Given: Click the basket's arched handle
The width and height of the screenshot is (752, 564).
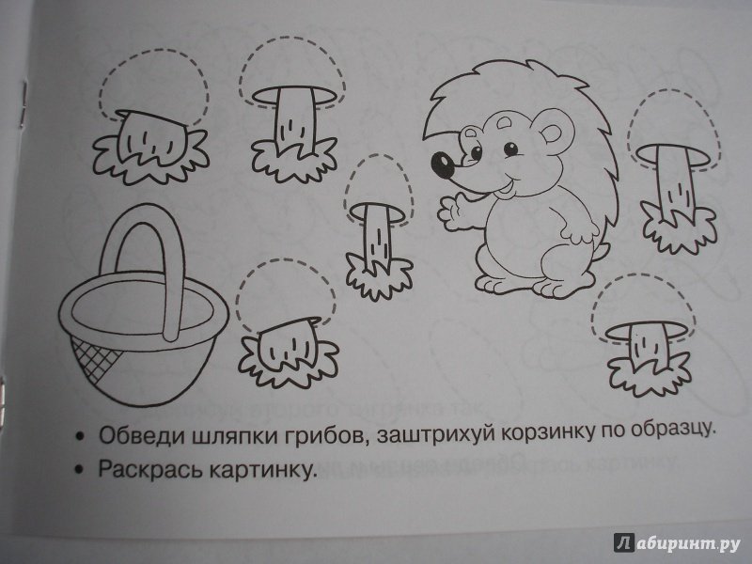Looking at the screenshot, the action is (x=144, y=269).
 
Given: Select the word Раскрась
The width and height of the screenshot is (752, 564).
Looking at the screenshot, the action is (x=149, y=468).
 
